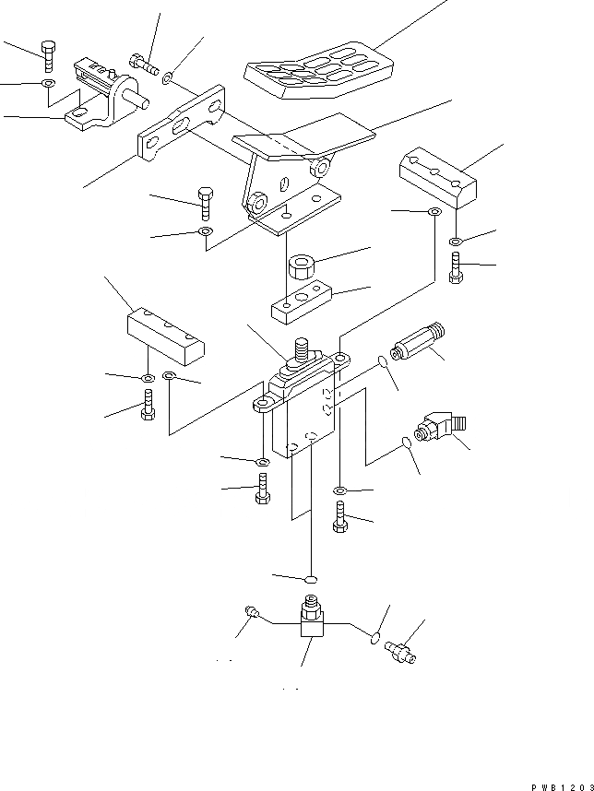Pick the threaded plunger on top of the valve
coord(302,353)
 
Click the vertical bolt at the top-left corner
coord(48,55)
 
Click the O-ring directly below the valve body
coord(311,581)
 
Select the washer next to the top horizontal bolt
coord(167,80)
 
